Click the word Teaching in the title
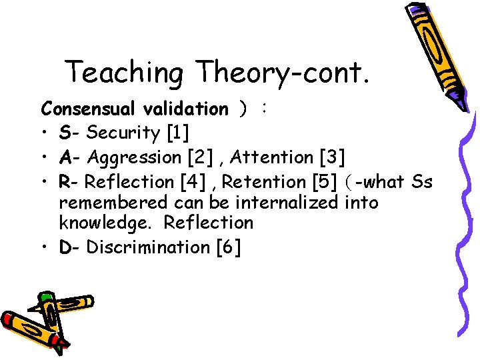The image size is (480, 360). pyautogui.click(x=124, y=73)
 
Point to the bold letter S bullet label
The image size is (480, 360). pyautogui.click(x=65, y=133)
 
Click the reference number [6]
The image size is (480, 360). pyautogui.click(x=229, y=247)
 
